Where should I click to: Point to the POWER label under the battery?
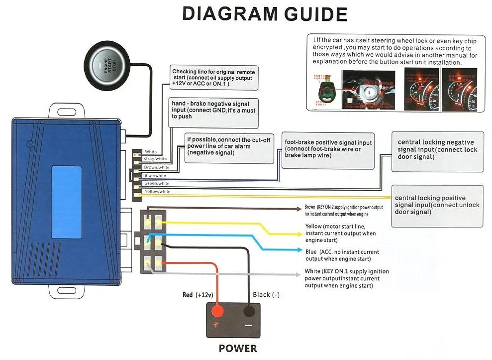coord(238,349)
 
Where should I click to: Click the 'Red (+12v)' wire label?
coord(197,295)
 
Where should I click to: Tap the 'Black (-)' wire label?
coord(266,294)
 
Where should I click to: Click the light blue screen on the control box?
coord(66,202)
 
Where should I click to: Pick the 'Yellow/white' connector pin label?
coord(157,191)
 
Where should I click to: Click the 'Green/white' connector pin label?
coord(157,183)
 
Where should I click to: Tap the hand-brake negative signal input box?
coord(214,110)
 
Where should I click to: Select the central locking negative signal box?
coord(437,151)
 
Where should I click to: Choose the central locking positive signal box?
coord(437,206)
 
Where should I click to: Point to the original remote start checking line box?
coord(214,78)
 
